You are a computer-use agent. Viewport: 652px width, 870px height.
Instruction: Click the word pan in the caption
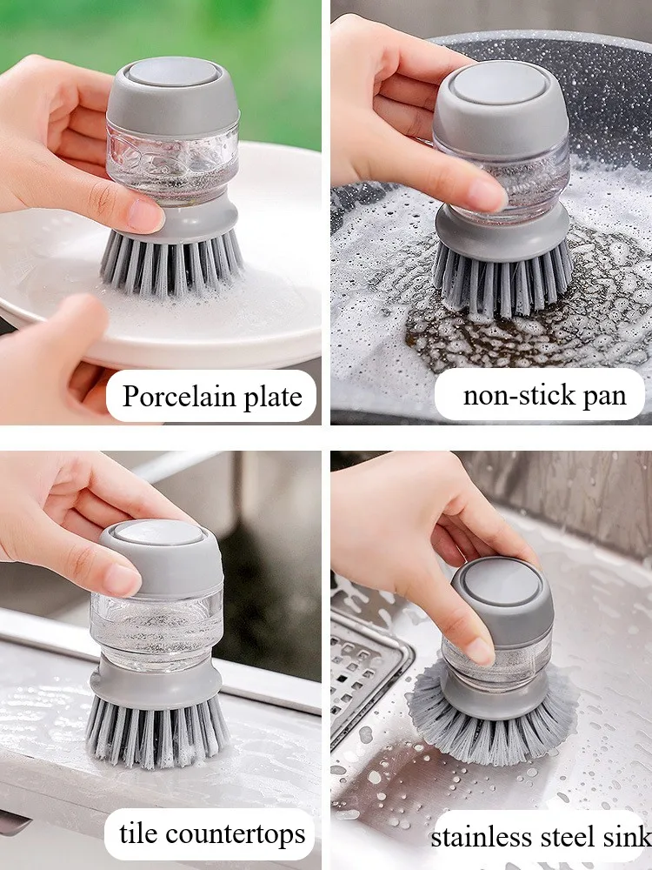point(605,398)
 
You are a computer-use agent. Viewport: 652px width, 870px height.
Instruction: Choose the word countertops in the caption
point(235,834)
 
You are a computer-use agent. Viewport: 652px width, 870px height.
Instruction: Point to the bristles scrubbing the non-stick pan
point(502,278)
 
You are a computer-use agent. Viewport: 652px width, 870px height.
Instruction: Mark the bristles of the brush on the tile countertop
point(157,732)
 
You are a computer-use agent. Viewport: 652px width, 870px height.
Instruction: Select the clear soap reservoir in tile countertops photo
point(156,624)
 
